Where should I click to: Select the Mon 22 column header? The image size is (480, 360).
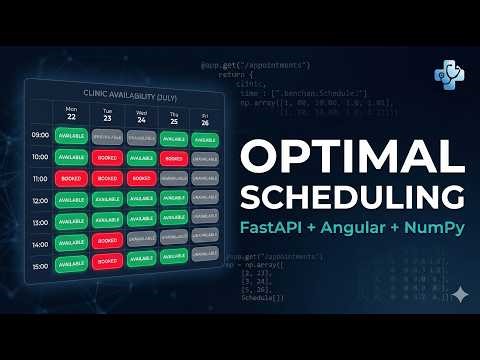(71, 113)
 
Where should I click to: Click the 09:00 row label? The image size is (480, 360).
(40, 134)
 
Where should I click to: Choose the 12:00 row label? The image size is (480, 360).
(40, 199)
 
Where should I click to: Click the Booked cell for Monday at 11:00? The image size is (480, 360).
(71, 178)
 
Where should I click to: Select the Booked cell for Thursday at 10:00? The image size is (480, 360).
(172, 158)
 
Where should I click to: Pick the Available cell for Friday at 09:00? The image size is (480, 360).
(204, 139)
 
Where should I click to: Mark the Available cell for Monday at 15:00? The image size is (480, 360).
(71, 264)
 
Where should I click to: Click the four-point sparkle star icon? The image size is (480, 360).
(459, 294)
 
